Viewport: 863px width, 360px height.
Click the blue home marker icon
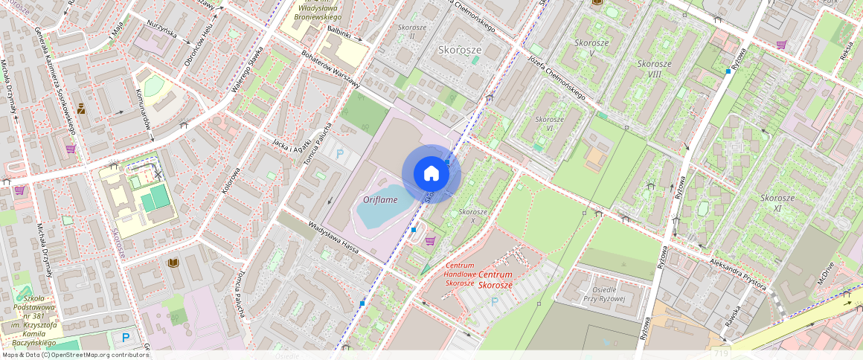pyautogui.click(x=431, y=173)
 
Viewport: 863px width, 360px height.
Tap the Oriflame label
pyautogui.click(x=379, y=199)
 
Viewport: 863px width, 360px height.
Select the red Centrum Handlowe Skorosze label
pyautogui.click(x=460, y=274)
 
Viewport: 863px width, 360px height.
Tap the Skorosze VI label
pyautogui.click(x=549, y=123)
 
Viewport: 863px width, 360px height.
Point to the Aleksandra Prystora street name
pyautogui.click(x=728, y=272)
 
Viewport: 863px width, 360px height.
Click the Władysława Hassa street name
pyautogui.click(x=334, y=237)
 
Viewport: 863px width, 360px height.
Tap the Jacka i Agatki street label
pyautogui.click(x=291, y=145)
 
